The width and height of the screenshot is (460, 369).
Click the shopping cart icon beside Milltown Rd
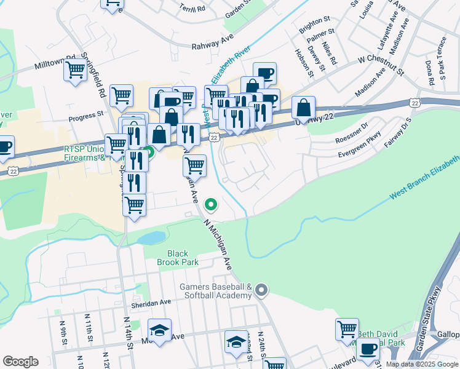pos(74,71)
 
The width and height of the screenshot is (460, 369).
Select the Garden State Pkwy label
pos(430,319)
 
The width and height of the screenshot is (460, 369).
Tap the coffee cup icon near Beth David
pos(368,349)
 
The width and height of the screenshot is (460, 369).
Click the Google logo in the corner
pos(20,362)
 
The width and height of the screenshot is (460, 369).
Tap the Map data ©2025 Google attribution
pos(422,364)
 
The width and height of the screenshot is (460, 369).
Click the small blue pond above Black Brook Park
pos(151,237)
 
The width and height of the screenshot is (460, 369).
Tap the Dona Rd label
pos(429,68)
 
